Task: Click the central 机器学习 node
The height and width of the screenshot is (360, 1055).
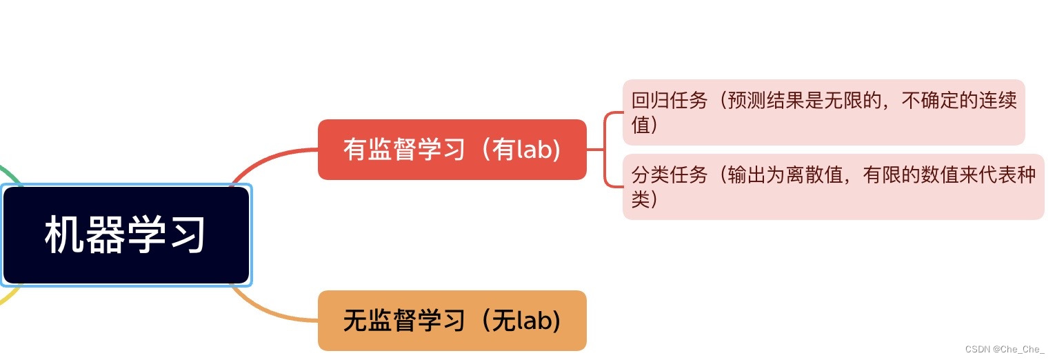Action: click(x=126, y=235)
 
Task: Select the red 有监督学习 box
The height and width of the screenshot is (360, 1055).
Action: click(x=452, y=150)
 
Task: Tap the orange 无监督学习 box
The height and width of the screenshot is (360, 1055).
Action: click(x=452, y=321)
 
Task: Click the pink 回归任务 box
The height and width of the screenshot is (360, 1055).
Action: click(x=823, y=112)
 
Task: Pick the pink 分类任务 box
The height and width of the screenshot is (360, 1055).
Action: click(x=833, y=187)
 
